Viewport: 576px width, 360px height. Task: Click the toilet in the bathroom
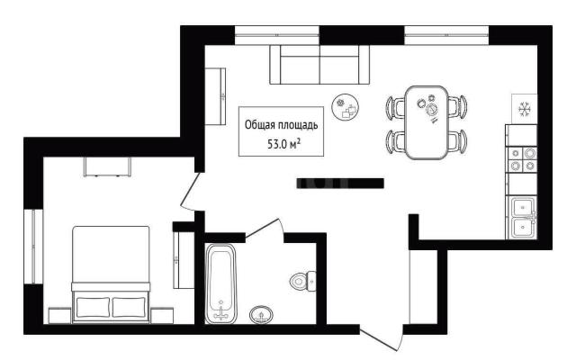click(x=302, y=281)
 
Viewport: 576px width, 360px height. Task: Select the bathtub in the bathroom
click(x=220, y=283)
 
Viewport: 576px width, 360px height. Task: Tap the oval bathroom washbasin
click(x=261, y=315)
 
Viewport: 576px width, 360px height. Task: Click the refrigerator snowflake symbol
click(x=525, y=109)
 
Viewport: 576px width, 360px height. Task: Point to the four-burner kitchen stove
click(x=522, y=160)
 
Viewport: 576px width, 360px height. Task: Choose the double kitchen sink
click(x=522, y=218)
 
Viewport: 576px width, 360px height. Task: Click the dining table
click(x=426, y=122)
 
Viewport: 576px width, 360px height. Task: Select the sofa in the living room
click(x=319, y=65)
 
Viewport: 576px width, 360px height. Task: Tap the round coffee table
click(x=346, y=106)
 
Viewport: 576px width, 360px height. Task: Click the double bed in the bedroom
click(x=111, y=274)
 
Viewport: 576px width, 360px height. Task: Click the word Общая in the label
click(x=260, y=125)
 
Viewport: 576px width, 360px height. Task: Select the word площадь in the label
click(x=298, y=125)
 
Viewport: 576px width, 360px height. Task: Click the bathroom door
click(x=262, y=228)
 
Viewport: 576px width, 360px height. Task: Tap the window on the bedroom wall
click(x=33, y=247)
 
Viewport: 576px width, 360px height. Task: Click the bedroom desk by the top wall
click(x=108, y=166)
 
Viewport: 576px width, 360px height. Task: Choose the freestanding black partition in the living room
click(x=340, y=184)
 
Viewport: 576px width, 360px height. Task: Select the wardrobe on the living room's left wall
click(x=215, y=96)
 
